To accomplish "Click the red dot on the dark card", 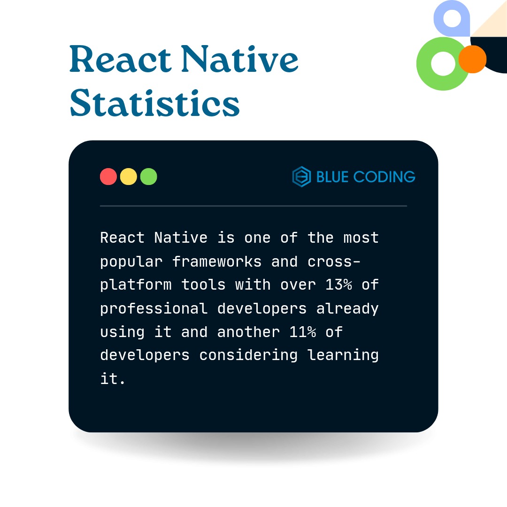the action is click(x=108, y=177).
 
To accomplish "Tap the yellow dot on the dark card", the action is click(x=128, y=177).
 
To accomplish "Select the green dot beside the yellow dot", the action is click(x=149, y=177).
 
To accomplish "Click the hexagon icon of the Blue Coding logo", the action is click(x=302, y=177).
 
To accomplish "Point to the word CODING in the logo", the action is click(x=384, y=177).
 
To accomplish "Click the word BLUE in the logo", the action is click(x=332, y=177).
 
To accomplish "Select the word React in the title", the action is click(x=121, y=59).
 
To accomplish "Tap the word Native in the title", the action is click(x=239, y=59).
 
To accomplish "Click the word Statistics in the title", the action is click(x=154, y=102).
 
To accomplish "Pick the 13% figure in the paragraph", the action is click(x=338, y=284).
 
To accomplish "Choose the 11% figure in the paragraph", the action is click(x=303, y=332).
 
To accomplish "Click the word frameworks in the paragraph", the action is click(x=216, y=261).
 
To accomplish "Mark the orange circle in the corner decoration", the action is click(x=472, y=59).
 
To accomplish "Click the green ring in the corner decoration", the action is click(x=423, y=64).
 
